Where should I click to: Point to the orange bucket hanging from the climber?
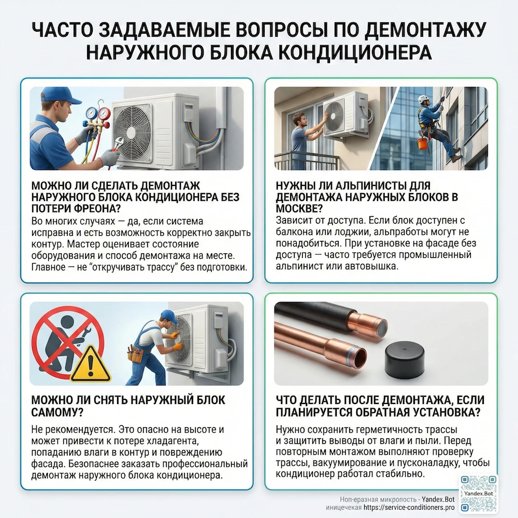pyautogui.click(x=423, y=143)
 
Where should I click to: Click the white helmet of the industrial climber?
pyautogui.click(x=424, y=98)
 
